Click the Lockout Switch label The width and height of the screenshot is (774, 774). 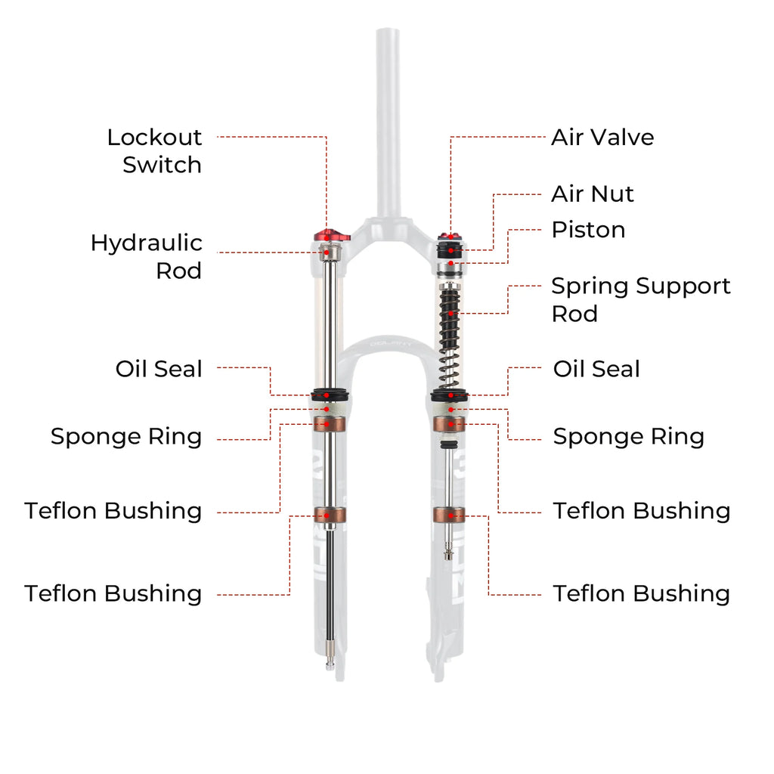(154, 150)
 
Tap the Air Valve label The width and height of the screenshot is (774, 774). (602, 137)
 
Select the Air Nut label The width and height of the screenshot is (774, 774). (592, 193)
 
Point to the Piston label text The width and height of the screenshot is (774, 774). (588, 229)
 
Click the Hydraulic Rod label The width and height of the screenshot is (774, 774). (147, 256)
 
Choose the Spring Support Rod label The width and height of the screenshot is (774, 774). (640, 299)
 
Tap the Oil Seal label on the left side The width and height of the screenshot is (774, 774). (159, 369)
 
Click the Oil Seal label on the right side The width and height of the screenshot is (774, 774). (596, 369)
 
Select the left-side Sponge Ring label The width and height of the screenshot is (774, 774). (126, 436)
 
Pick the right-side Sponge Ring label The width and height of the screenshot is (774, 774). (628, 436)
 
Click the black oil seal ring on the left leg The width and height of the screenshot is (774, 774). (327, 395)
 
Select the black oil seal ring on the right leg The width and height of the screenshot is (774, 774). (450, 395)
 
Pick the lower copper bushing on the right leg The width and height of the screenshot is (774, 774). (450, 515)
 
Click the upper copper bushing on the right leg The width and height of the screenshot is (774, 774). (450, 423)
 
